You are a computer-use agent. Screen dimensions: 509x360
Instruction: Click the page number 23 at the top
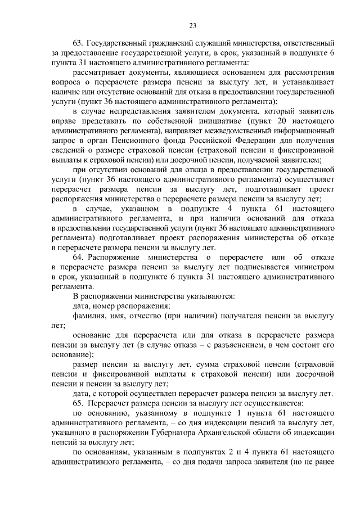tap(192, 25)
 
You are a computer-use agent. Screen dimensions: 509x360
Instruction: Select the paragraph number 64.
tap(78, 257)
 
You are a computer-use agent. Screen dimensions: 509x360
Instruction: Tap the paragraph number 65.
tap(78, 403)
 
